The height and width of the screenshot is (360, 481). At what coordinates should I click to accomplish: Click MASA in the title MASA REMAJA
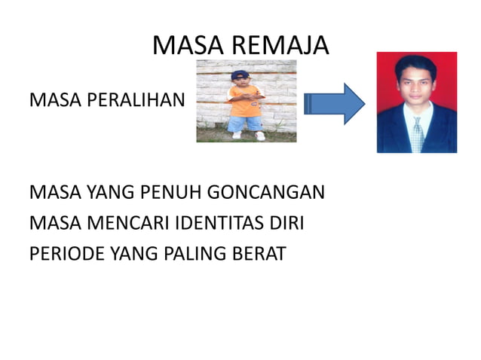(188, 45)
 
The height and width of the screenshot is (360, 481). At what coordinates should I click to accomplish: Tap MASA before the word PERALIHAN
(53, 99)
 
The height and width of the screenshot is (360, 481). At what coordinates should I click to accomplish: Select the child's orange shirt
(244, 100)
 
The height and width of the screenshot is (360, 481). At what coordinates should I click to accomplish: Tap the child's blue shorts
(245, 122)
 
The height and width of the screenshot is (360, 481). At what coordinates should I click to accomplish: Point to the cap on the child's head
(240, 75)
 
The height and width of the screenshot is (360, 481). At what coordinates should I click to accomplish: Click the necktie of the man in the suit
(417, 133)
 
